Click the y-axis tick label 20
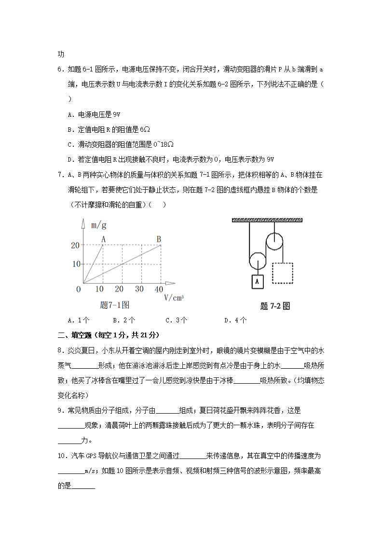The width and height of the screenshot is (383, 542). click(x=75, y=245)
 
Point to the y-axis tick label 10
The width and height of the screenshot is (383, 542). click(x=75, y=264)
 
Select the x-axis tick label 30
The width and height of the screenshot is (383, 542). click(x=139, y=289)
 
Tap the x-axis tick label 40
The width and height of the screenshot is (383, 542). click(x=159, y=289)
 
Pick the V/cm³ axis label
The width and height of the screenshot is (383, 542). click(x=174, y=297)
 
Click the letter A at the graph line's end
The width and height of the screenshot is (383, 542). click(x=103, y=238)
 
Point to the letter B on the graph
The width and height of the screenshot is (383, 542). click(x=159, y=238)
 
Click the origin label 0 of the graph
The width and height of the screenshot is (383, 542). click(x=79, y=289)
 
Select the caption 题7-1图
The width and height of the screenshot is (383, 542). click(x=114, y=305)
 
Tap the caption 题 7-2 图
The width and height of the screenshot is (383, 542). click(x=274, y=306)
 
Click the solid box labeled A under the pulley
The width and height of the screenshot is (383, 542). click(x=258, y=281)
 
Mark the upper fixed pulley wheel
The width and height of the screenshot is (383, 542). click(x=275, y=240)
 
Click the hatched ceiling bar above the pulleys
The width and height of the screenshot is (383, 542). click(x=268, y=221)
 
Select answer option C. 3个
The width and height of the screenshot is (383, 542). click(x=176, y=320)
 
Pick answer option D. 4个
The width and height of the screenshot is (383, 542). click(x=235, y=320)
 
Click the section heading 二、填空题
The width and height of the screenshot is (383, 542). click(x=78, y=335)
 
